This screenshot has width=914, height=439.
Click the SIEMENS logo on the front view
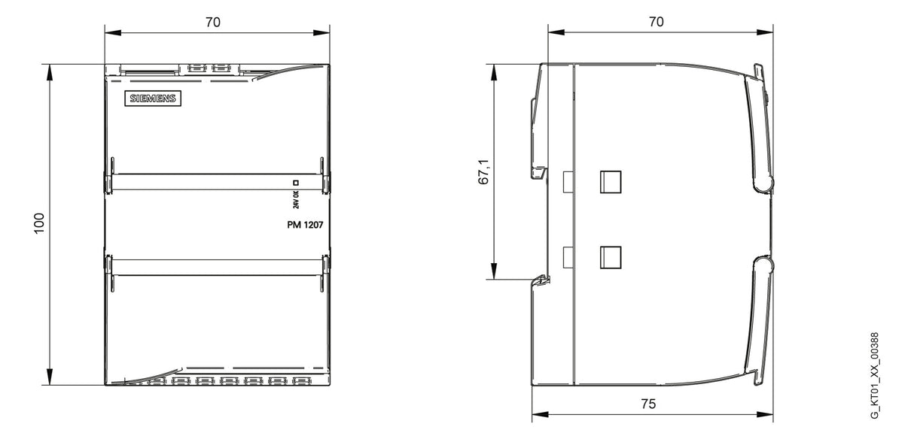pyautogui.click(x=153, y=98)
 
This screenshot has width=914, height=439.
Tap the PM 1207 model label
pyautogui.click(x=305, y=225)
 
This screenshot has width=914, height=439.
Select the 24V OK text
pyautogui.click(x=296, y=199)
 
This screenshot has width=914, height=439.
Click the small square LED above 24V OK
pyautogui.click(x=296, y=183)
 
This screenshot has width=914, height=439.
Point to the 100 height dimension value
pyautogui.click(x=39, y=223)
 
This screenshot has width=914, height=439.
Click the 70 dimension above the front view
pyautogui.click(x=212, y=22)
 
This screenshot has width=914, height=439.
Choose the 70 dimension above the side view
pyautogui.click(x=656, y=22)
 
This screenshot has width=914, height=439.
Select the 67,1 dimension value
pyautogui.click(x=483, y=172)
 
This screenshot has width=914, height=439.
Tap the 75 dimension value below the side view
pyautogui.click(x=648, y=404)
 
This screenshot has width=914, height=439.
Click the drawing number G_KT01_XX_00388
pyautogui.click(x=874, y=375)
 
